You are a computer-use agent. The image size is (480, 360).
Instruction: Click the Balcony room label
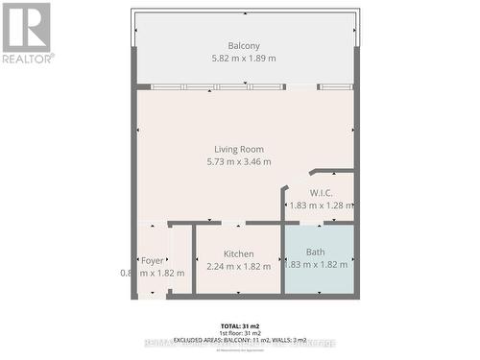244,46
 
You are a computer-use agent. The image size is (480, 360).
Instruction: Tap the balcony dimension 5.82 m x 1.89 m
244,59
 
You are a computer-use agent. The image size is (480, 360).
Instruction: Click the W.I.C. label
321,192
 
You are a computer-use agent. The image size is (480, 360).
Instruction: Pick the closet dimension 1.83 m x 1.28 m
322,204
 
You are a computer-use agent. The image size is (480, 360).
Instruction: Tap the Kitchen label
239,253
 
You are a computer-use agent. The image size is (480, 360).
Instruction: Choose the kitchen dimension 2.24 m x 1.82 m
239,266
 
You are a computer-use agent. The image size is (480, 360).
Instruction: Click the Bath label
316,252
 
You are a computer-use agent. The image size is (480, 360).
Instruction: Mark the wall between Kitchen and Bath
282,259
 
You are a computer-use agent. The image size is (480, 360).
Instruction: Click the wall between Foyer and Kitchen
194,259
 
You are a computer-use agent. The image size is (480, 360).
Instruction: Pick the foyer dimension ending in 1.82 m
153,273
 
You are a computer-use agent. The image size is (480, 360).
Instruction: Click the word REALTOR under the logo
27,58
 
